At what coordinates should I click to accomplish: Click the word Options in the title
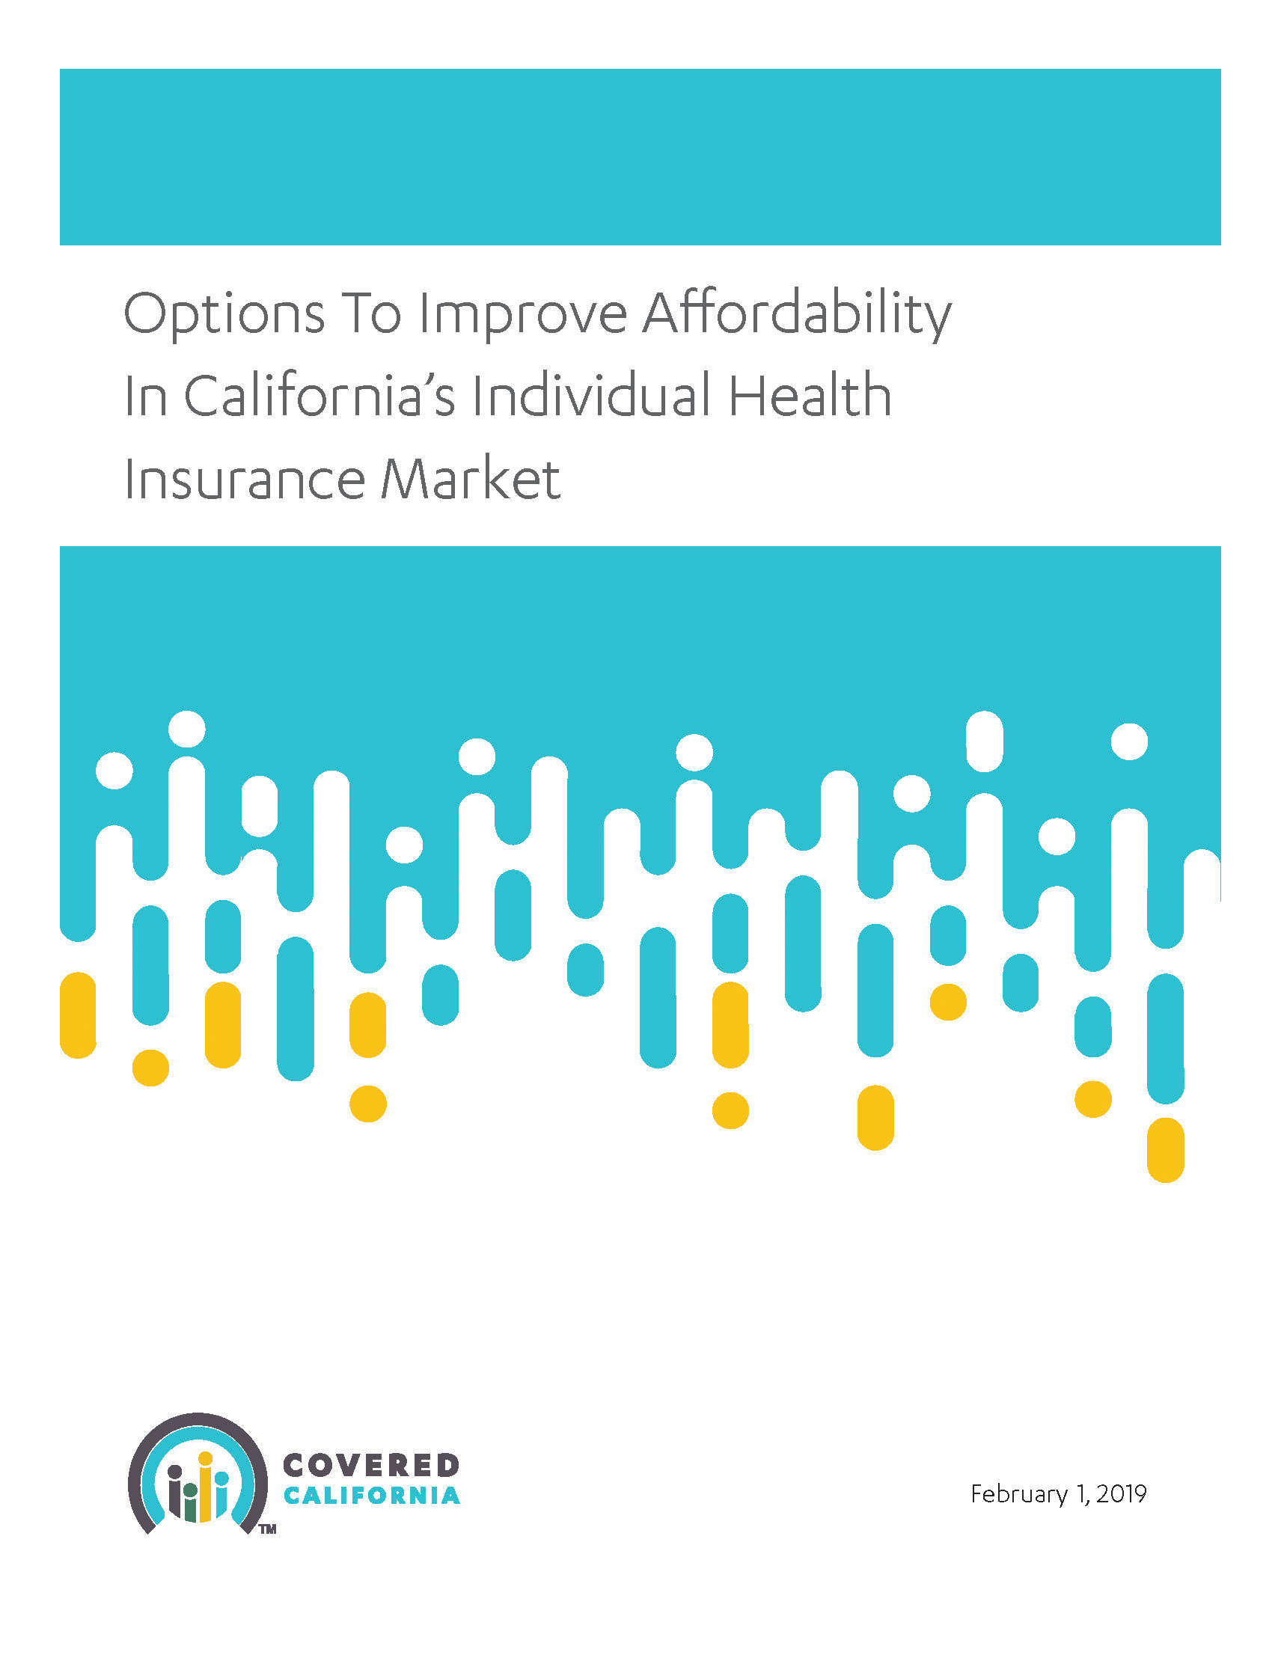tap(224, 313)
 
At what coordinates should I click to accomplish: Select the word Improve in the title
tap(523, 313)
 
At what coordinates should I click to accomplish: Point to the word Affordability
tap(797, 313)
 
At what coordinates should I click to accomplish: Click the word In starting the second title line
tap(145, 397)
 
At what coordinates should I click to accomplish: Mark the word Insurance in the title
tap(245, 479)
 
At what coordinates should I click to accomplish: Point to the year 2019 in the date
tap(1121, 1493)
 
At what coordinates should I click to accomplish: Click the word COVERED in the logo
tap(370, 1466)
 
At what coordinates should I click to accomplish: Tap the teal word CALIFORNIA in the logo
tap(371, 1496)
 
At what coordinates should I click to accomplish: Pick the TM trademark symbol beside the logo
tap(268, 1529)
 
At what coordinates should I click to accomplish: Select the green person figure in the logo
tap(190, 1502)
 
